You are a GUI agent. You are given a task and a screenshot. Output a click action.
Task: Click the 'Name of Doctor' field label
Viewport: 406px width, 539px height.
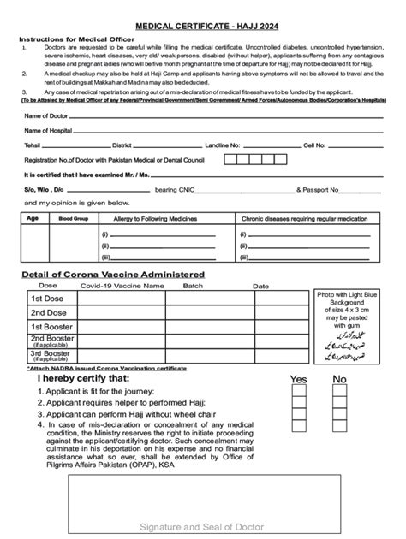tap(48, 115)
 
